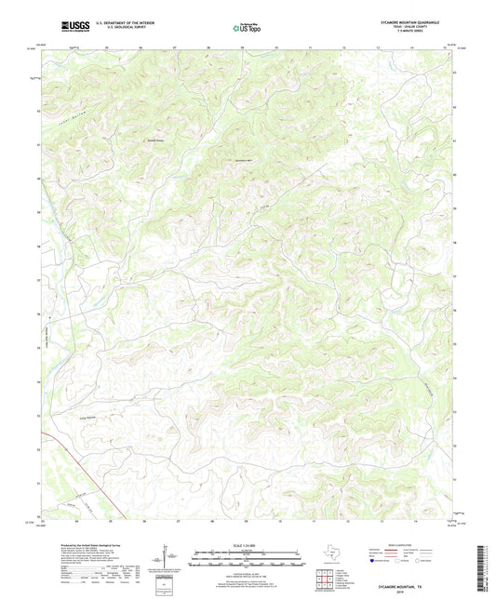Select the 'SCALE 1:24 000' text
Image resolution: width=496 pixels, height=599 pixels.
247,543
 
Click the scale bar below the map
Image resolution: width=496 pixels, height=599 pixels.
247,561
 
